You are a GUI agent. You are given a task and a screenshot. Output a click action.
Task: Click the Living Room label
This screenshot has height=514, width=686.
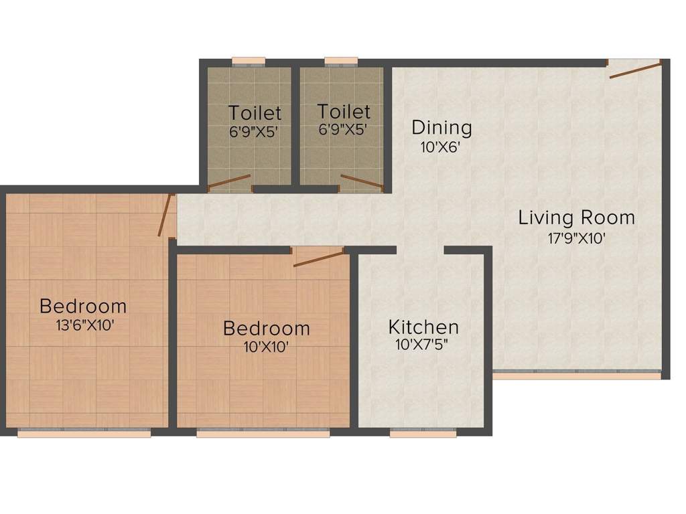pos(576,218)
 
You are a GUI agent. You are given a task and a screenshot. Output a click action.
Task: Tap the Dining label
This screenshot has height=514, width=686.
pos(441,127)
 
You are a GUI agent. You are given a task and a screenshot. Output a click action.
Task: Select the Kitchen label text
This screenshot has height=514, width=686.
pos(423,327)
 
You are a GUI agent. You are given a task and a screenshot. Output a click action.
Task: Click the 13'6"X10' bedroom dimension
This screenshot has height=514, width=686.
pos(82,326)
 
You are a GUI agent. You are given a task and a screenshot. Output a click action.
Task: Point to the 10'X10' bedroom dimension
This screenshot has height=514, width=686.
pos(266,347)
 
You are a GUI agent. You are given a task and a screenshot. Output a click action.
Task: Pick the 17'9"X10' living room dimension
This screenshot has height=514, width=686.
pos(576,238)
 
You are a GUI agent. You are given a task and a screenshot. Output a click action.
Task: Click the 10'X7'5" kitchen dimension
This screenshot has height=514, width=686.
pos(423,346)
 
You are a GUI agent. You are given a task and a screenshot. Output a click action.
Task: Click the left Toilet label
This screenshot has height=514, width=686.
pos(255,112)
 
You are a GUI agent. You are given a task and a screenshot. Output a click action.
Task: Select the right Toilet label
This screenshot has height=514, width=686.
pos(343,111)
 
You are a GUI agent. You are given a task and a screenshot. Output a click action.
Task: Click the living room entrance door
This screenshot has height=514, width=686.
pos(634,69)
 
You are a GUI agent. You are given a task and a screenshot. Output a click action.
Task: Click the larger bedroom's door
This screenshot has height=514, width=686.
pos(165,216)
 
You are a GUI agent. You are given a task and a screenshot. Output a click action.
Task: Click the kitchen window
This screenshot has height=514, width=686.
pos(423,433)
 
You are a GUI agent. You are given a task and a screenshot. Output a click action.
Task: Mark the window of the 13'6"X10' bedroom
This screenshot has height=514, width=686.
pos(84,433)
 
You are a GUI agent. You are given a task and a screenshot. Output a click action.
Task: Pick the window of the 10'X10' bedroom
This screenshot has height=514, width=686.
pos(263,433)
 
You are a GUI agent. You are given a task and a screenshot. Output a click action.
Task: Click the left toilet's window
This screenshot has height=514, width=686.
pos(249,62)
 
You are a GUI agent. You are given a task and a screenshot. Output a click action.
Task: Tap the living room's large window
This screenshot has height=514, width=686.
pos(577,375)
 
